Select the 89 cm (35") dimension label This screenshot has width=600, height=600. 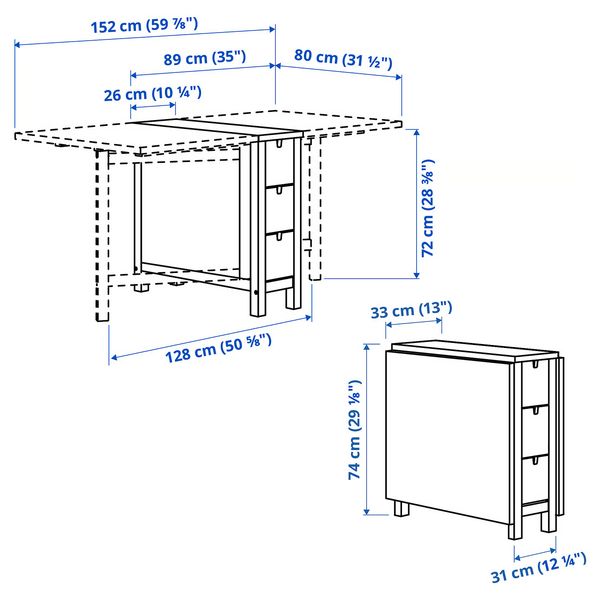(x=204, y=58)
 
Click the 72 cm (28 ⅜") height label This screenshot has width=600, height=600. (x=428, y=209)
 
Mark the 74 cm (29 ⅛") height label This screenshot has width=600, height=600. (x=353, y=430)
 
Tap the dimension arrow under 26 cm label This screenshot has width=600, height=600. (x=153, y=108)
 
